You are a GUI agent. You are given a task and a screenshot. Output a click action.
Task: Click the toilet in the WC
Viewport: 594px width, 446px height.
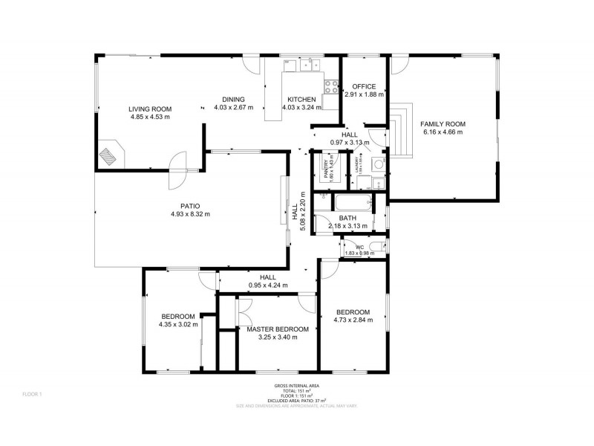pyautogui.click(x=376, y=247)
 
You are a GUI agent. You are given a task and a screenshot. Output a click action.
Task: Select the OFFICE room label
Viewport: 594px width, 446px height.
pyautogui.click(x=364, y=86)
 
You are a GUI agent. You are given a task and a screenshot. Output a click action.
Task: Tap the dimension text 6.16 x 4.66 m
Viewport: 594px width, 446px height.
pyautogui.click(x=443, y=132)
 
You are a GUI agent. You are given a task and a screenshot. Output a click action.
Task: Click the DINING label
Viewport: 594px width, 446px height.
pyautogui.click(x=234, y=99)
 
